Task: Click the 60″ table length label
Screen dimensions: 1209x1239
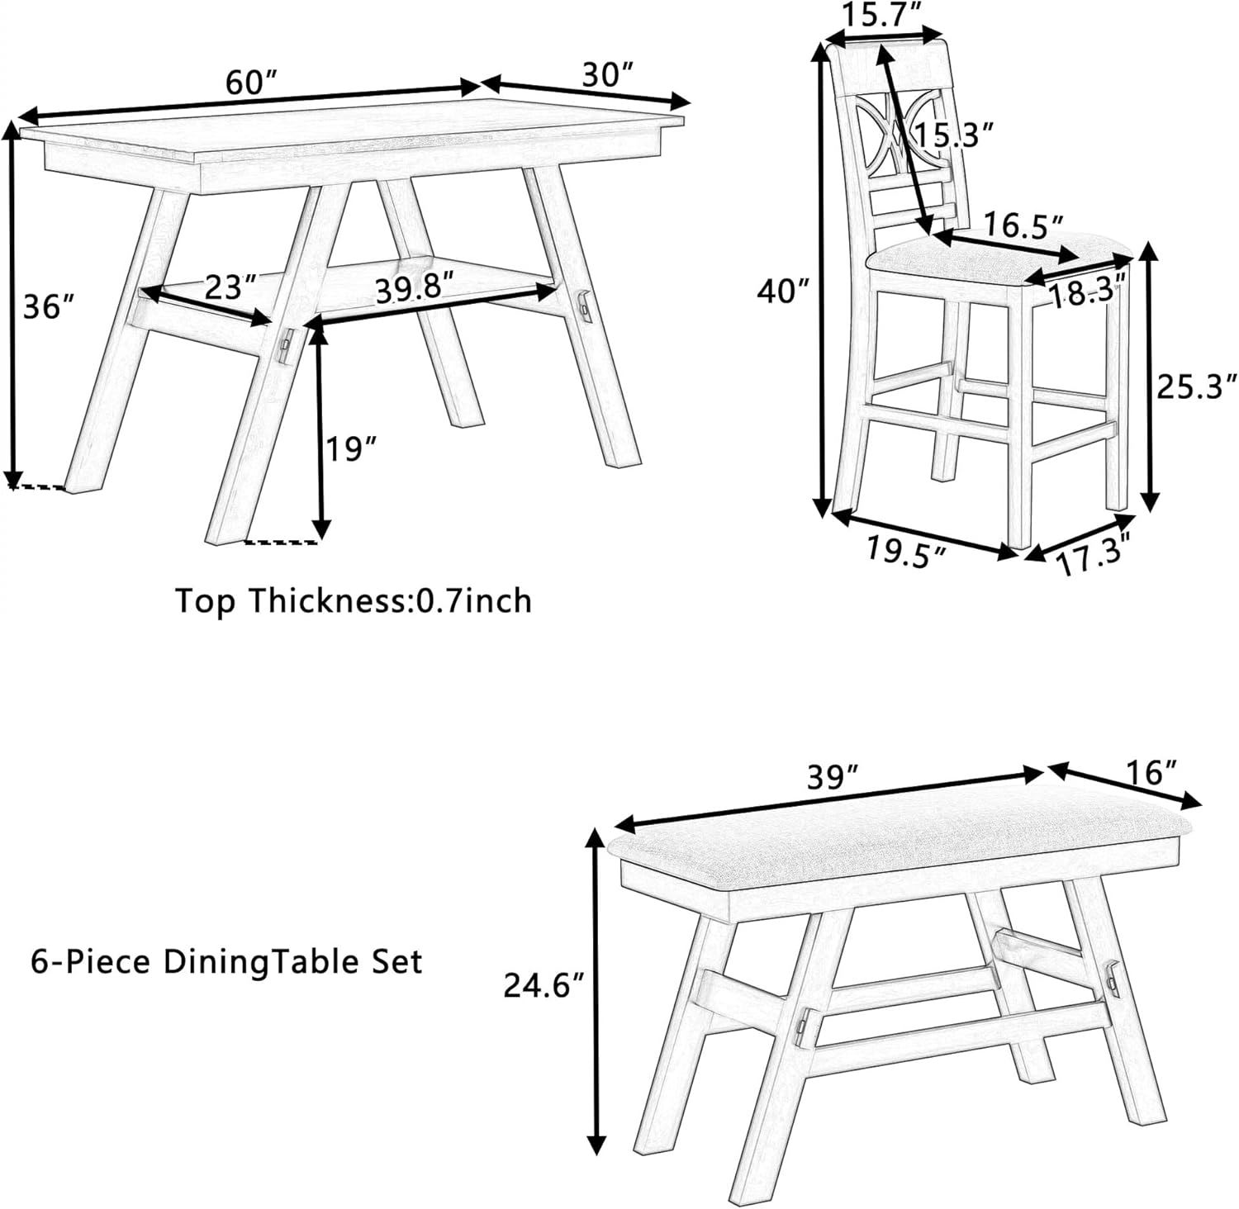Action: (x=250, y=82)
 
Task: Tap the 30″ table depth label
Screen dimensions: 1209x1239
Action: (x=606, y=75)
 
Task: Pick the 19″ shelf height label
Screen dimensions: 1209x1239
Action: (x=350, y=450)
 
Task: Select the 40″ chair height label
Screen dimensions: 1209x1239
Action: (x=781, y=291)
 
